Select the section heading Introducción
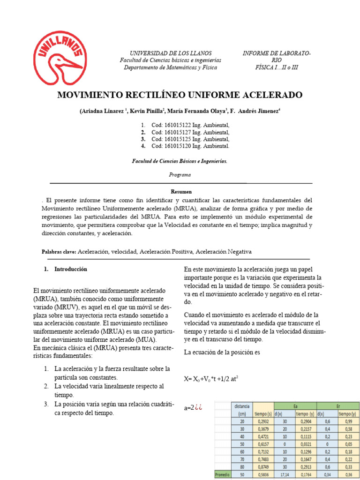point(70,270)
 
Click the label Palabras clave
point(59,252)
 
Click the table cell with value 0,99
point(348,421)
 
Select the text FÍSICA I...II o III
point(277,67)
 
